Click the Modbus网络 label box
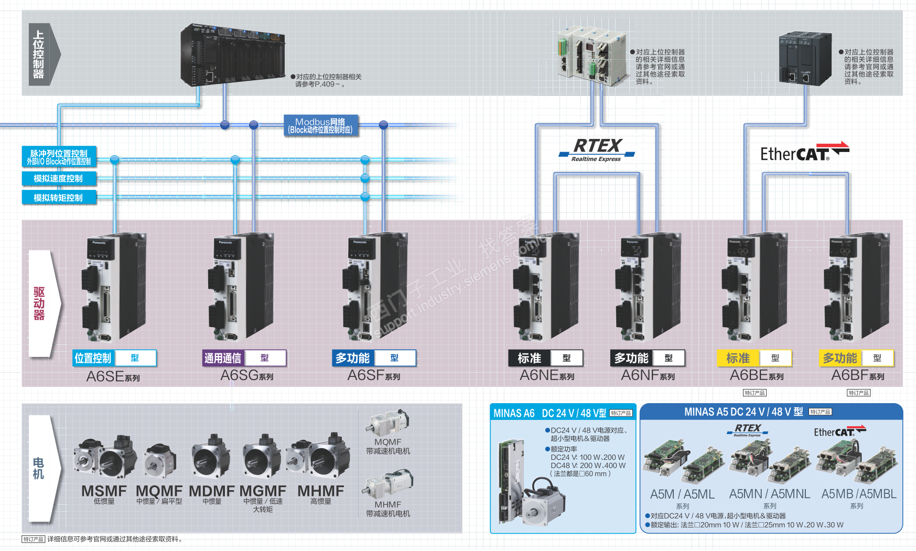321,126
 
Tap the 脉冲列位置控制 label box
59,157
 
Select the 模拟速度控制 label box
59,178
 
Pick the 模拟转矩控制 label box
59,198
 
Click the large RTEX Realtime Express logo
597,149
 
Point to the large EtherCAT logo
804,152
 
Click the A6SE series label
113,376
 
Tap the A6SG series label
246,375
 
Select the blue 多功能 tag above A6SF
353,358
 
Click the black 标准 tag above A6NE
530,358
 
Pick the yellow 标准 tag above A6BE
738,358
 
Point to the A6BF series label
857,375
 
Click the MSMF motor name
104,491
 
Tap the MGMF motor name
263,491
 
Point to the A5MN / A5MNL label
769,494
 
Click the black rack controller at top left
232,55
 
